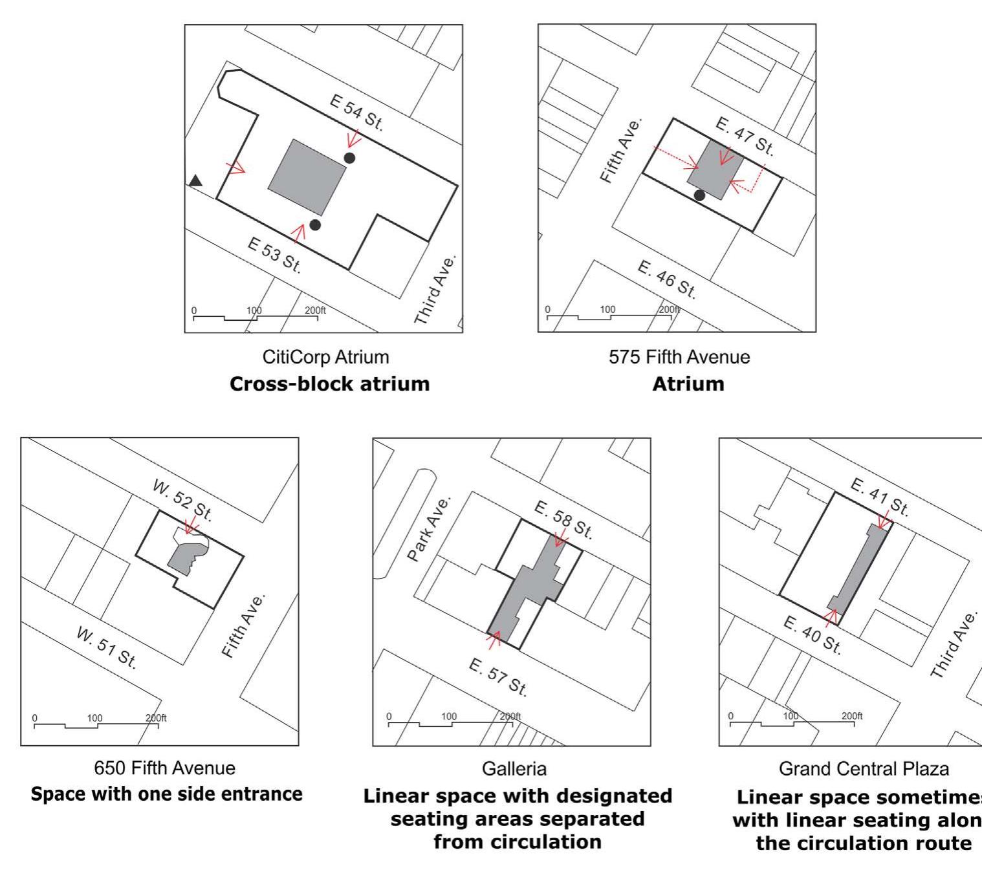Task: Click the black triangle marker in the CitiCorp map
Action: tap(195, 181)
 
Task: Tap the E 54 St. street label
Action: tap(356, 113)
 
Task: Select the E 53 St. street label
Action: tap(274, 255)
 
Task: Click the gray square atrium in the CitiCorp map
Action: tap(307, 177)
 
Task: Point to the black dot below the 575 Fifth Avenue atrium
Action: tap(699, 195)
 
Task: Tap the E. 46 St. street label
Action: tap(667, 279)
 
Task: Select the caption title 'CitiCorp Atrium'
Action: tap(325, 357)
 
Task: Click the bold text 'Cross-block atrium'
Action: tap(329, 384)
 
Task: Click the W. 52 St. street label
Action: tap(182, 501)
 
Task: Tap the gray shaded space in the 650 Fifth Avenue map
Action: tap(186, 558)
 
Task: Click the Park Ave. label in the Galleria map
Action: tap(428, 528)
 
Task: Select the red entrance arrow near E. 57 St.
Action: tap(495, 638)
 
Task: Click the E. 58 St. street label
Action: tap(563, 520)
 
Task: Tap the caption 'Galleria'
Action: tap(514, 768)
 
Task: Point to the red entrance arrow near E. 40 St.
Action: tap(832, 616)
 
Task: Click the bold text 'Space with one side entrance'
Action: tap(167, 794)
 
